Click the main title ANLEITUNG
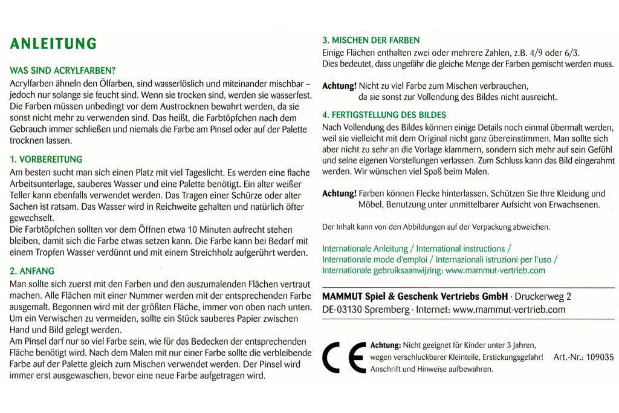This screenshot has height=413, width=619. (x=53, y=44)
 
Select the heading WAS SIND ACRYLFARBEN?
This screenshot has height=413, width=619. (x=63, y=70)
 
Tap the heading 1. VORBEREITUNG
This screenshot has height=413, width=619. (x=46, y=160)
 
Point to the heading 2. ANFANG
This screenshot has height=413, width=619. (x=32, y=271)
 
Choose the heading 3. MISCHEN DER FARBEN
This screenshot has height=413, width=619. (x=371, y=41)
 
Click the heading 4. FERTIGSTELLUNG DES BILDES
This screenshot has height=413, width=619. (x=384, y=115)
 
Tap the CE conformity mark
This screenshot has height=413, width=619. (x=343, y=357)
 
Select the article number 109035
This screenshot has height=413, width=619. (x=598, y=357)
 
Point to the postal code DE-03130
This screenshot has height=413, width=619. (x=343, y=310)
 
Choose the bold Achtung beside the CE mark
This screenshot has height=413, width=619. (x=385, y=345)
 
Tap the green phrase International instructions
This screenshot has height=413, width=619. (x=460, y=249)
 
